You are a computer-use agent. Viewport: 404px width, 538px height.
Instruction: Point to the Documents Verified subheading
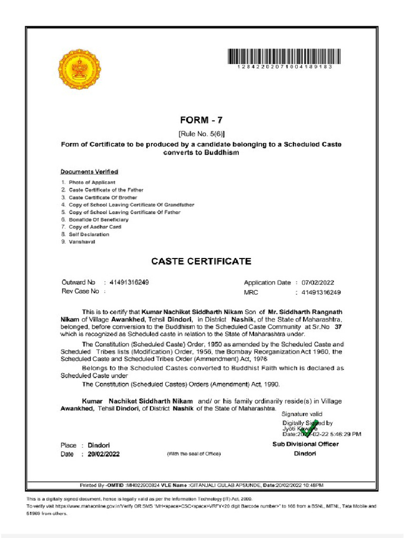coord(89,172)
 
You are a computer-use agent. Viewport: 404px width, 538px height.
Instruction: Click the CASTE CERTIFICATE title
coord(201,261)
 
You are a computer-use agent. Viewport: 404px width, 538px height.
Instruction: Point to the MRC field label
coord(251,292)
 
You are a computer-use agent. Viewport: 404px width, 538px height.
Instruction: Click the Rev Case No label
coord(80,291)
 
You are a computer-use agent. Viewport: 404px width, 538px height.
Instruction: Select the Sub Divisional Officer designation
coord(305,444)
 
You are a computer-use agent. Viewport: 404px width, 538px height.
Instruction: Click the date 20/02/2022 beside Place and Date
coord(104,454)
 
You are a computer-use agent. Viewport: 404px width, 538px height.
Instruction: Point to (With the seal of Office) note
coord(194,454)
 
